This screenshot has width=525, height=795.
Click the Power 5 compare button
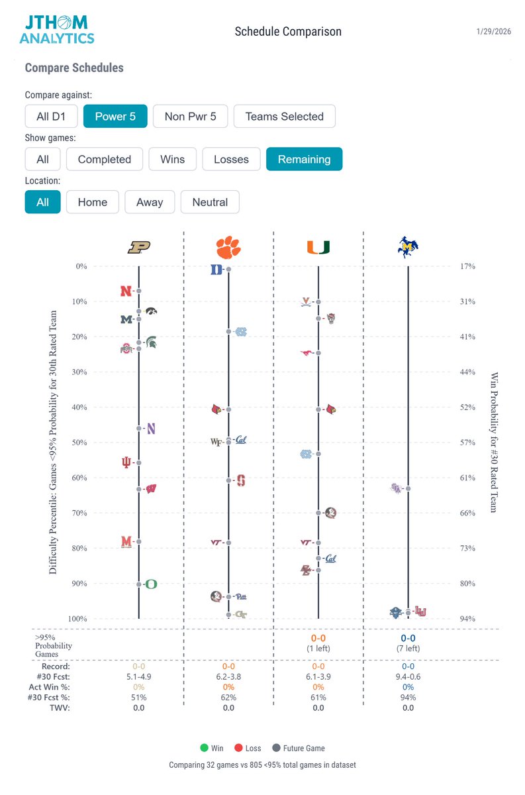pyautogui.click(x=115, y=117)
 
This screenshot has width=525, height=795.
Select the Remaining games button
pyautogui.click(x=304, y=159)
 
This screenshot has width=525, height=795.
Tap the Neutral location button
pyautogui.click(x=210, y=202)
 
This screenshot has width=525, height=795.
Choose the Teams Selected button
pyautogui.click(x=284, y=117)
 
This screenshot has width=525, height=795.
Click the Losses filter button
pyautogui.click(x=231, y=159)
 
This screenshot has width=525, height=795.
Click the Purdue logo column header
pyautogui.click(x=139, y=247)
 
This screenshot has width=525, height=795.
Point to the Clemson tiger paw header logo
pyautogui.click(x=228, y=247)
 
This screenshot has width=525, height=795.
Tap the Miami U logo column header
pyautogui.click(x=318, y=247)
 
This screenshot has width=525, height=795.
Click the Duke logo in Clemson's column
pyautogui.click(x=216, y=270)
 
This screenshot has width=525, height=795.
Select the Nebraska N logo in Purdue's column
pyautogui.click(x=126, y=291)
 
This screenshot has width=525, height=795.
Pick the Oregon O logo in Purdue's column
pyautogui.click(x=152, y=584)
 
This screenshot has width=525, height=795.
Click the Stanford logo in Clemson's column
pyautogui.click(x=241, y=480)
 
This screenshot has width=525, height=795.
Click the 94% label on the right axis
pyautogui.click(x=467, y=619)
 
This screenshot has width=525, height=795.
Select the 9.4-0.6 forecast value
pyautogui.click(x=408, y=677)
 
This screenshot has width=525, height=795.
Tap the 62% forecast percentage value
pyautogui.click(x=228, y=698)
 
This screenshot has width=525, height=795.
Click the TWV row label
pyautogui.click(x=60, y=708)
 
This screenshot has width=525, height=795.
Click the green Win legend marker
pyautogui.click(x=205, y=748)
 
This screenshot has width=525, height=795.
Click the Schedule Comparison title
pyautogui.click(x=288, y=32)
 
